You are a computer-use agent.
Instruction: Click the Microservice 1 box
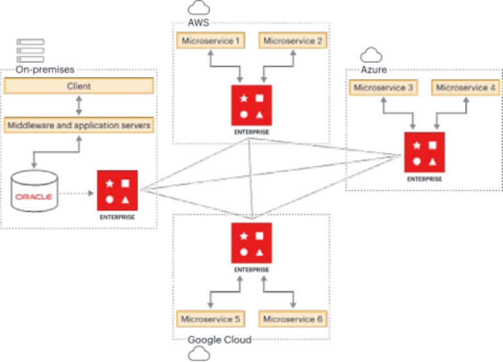tap(211, 41)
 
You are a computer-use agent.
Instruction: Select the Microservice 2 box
tap(293, 41)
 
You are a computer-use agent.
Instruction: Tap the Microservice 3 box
tap(383, 87)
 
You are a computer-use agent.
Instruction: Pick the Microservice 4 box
tap(466, 87)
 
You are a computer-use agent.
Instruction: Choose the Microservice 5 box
tap(211, 319)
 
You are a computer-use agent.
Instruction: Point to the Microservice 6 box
tap(293, 319)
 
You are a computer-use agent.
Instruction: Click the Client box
tap(79, 86)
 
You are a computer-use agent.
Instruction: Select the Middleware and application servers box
tap(79, 125)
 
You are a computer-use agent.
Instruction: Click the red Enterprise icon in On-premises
tap(117, 191)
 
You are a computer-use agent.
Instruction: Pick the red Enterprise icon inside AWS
tap(251, 106)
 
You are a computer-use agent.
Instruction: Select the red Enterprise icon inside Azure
tap(425, 152)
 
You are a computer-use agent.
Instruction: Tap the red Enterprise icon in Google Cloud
tap(251, 244)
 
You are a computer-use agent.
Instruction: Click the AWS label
tap(197, 23)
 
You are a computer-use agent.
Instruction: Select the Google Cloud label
tap(219, 339)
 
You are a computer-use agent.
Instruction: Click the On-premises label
tap(45, 69)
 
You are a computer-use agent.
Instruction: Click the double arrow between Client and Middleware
tap(79, 105)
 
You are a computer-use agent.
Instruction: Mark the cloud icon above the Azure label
tap(371, 55)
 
